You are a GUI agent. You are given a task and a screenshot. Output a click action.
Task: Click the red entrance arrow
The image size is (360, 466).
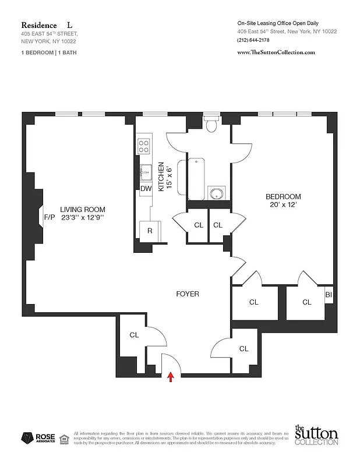pyautogui.click(x=171, y=377)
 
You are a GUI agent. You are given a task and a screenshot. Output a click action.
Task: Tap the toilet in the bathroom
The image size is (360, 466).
pyautogui.click(x=211, y=123)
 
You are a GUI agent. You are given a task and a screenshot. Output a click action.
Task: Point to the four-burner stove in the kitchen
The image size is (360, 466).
pyautogui.click(x=143, y=146)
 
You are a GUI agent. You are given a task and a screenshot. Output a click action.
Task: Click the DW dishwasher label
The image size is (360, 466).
pyautogui.click(x=146, y=188)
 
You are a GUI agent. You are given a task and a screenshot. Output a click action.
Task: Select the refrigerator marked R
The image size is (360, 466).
pyautogui.click(x=150, y=231)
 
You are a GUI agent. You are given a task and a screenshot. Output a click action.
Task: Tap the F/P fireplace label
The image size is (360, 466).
pyautogui.click(x=49, y=217)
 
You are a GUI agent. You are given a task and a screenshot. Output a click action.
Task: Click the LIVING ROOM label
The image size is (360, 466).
pyautogui.click(x=83, y=209)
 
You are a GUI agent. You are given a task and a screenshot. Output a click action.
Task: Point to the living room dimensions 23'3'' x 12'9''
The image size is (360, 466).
pyautogui.click(x=83, y=218)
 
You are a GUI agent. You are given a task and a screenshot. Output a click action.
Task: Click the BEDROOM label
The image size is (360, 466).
pyautogui.click(x=283, y=196)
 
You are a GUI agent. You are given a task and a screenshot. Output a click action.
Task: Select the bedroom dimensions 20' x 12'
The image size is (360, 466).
pyautogui.click(x=283, y=205)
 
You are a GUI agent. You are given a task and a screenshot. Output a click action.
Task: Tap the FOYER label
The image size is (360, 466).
pyautogui.click(x=188, y=294)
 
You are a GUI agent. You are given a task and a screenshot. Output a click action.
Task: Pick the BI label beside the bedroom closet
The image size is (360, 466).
pyautogui.click(x=329, y=295)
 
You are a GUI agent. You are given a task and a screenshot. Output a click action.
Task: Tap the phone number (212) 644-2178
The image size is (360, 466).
pyautogui.click(x=253, y=40)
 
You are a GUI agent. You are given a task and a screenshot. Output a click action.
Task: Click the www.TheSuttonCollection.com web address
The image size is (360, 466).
pyautogui.click(x=276, y=52)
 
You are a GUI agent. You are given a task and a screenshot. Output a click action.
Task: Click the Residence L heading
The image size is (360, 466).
pyautogui.click(x=48, y=25)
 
